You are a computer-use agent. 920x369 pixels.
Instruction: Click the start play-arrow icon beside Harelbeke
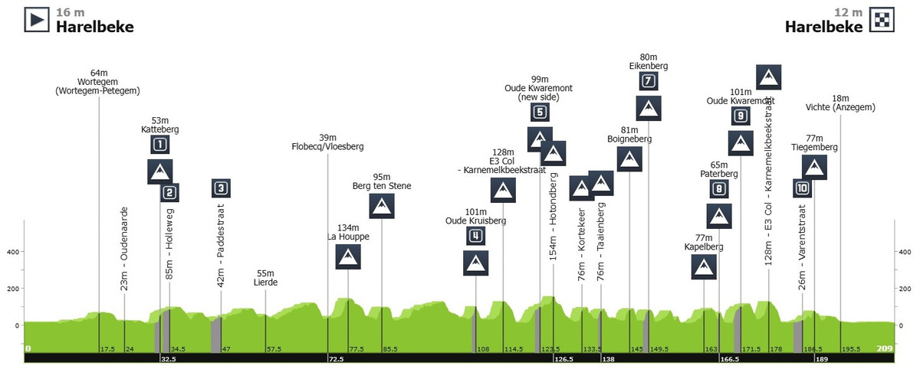pos(37,19)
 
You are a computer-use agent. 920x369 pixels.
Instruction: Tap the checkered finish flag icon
pos(882,19)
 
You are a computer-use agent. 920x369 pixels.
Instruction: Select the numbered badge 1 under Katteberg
pos(159,145)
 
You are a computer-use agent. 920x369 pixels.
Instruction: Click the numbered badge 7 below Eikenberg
pos(649,81)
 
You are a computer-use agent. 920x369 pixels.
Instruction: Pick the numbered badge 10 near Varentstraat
pos(802,188)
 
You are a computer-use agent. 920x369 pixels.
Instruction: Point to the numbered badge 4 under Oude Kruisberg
pos(475,236)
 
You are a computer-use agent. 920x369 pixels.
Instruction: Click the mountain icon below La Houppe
pos(348,257)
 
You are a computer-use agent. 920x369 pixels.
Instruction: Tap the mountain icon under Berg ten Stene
pos(382,206)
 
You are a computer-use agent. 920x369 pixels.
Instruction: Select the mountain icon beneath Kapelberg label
pos(704,267)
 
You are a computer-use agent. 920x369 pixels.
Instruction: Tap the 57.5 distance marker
pos(274,349)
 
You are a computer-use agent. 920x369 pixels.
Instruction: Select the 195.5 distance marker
pos(850,349)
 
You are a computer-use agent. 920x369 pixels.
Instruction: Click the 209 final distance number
pos(885,348)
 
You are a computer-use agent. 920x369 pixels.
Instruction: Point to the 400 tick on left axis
pos(13,252)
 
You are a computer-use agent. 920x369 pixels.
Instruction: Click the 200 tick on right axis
pos(905,289)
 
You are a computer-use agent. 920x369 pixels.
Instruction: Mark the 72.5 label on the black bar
pos(336,359)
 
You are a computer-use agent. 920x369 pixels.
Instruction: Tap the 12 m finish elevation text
pos(848,13)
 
